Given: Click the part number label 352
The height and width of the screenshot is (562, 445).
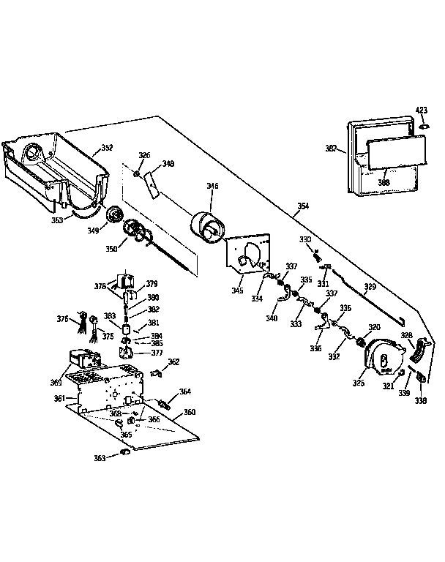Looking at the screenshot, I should [x=107, y=148].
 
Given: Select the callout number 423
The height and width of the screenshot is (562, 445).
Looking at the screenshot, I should [x=422, y=111].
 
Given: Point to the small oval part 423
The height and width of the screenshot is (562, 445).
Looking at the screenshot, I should [x=422, y=127].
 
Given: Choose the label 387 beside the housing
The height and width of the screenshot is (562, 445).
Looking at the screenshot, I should [x=331, y=149].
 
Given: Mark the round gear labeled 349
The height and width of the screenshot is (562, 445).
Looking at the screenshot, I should [x=114, y=215].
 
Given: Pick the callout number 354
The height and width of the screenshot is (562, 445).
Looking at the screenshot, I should [x=302, y=206].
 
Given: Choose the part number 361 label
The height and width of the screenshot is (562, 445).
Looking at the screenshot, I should [x=60, y=399].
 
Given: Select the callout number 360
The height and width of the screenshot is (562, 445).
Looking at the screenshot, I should [x=189, y=412].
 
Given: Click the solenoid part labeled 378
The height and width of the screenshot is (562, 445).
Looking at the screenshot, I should [x=122, y=282].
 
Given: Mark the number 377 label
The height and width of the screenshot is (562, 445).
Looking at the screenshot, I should [x=156, y=353].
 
